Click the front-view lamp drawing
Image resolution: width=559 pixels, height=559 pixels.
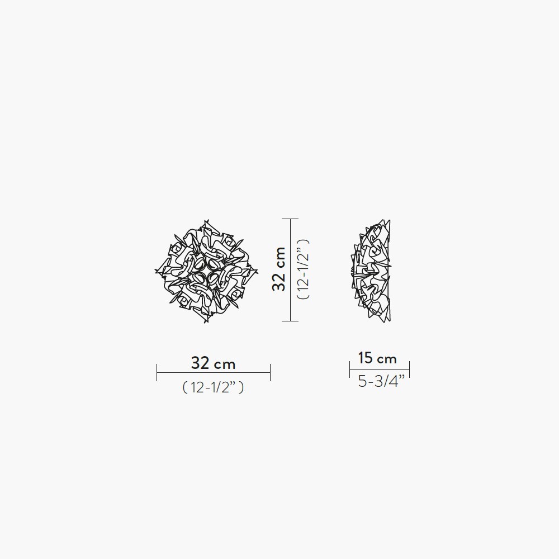tap(206, 272)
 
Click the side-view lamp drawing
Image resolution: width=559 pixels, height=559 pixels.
tap(371, 271)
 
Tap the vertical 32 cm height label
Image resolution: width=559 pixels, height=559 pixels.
tap(278, 269)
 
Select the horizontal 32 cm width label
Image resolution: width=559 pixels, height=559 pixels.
tap(213, 363)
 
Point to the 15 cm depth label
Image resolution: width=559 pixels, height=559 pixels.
tap(377, 358)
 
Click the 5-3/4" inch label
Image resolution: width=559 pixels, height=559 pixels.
tap(381, 381)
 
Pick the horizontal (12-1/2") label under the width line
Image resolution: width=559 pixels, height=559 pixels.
tap(213, 387)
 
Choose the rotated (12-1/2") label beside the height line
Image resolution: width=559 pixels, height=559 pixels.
tap(303, 269)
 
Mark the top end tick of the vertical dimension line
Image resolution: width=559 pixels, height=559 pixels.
tap(290, 219)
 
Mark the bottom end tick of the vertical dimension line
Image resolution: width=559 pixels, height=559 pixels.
tap(290, 321)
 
